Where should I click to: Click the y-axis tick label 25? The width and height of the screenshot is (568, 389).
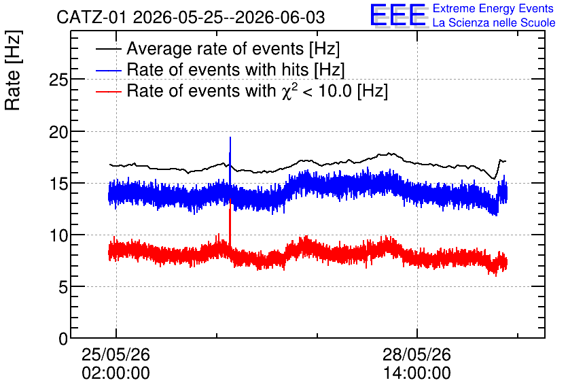pyautogui.click(x=58, y=80)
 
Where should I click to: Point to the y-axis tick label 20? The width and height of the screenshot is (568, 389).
pyautogui.click(x=58, y=133)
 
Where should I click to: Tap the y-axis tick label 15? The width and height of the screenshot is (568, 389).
pyautogui.click(x=58, y=184)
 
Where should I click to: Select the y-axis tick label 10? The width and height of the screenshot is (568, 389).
pyautogui.click(x=58, y=236)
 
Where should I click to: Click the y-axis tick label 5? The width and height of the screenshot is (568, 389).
pyautogui.click(x=63, y=288)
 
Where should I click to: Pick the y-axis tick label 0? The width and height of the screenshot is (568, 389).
pyautogui.click(x=63, y=339)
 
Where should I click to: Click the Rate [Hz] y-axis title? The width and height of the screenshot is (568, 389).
pyautogui.click(x=13, y=70)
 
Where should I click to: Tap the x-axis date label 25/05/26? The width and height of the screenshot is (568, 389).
pyautogui.click(x=116, y=354)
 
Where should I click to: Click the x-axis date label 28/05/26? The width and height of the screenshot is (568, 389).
pyautogui.click(x=416, y=354)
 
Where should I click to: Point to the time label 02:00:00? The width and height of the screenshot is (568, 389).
pyautogui.click(x=116, y=373)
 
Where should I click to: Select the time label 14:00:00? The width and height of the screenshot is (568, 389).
pyautogui.click(x=416, y=373)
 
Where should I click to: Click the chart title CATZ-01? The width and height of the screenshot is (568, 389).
pyautogui.click(x=92, y=18)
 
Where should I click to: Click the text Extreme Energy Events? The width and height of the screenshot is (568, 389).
pyautogui.click(x=493, y=8)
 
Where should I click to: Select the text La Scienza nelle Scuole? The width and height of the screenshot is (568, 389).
pyautogui.click(x=494, y=22)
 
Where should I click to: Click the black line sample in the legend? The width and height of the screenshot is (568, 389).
pyautogui.click(x=108, y=49)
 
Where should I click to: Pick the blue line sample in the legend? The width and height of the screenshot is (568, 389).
pyautogui.click(x=108, y=70)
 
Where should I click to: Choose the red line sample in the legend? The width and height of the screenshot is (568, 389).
pyautogui.click(x=108, y=91)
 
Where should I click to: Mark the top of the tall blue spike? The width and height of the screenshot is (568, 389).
pyautogui.click(x=230, y=137)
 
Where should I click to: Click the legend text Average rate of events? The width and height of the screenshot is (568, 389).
pyautogui.click(x=215, y=48)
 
